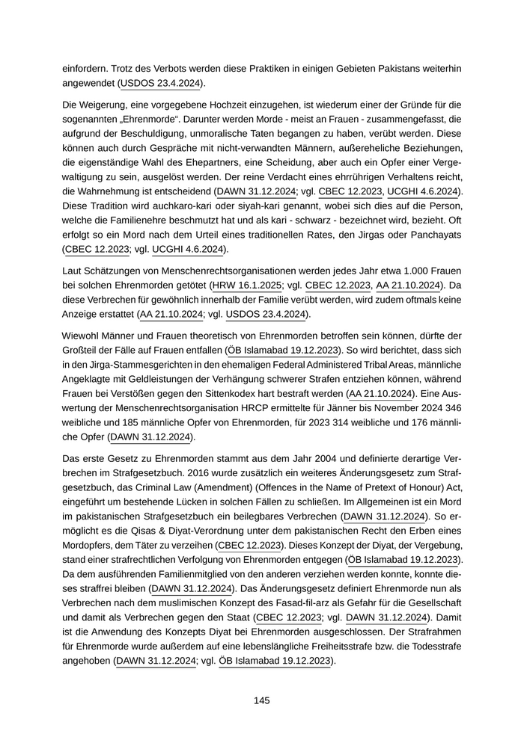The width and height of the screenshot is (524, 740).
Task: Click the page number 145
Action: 261,700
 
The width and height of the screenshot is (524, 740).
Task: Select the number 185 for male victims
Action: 127,421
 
